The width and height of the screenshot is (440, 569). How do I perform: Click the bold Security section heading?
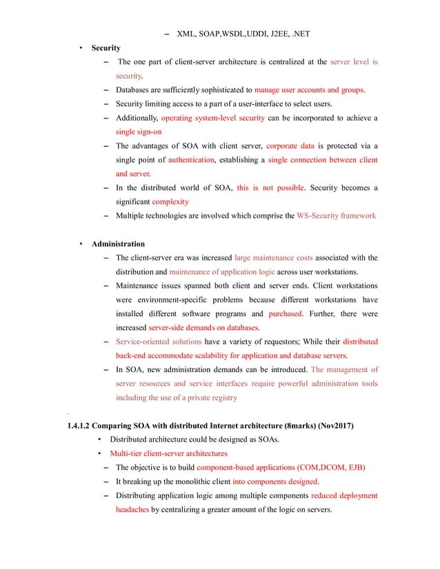click(x=106, y=48)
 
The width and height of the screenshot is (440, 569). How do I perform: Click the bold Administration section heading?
click(x=118, y=244)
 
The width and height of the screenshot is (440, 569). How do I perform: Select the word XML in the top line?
click(x=186, y=33)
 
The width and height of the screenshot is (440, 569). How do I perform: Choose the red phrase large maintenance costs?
click(x=273, y=258)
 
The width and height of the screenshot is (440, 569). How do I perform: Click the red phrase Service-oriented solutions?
click(x=158, y=342)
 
